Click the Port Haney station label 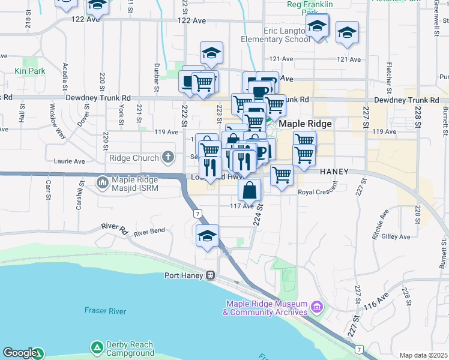click(x=184, y=275)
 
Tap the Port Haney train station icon click(x=211, y=275)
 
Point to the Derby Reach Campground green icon click(x=97, y=347)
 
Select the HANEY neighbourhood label click(x=334, y=171)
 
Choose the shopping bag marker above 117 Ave click(x=249, y=190)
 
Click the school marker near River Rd click(x=207, y=236)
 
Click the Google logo click(x=19, y=353)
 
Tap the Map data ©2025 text click(x=423, y=355)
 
